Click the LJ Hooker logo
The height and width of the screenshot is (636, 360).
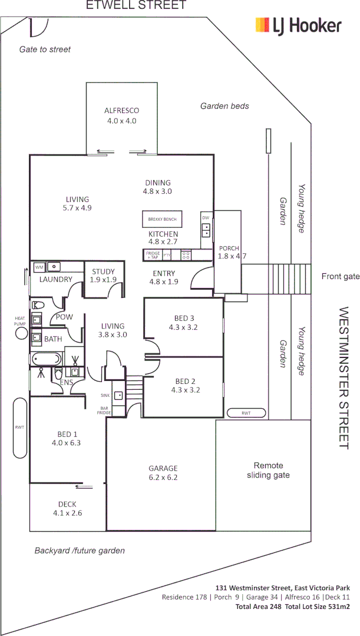point(298,25)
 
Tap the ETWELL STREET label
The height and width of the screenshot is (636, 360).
point(136,5)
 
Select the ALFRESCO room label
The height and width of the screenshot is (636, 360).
point(121,110)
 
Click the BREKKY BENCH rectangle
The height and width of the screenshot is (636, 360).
point(162,219)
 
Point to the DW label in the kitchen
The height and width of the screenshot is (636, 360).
point(206,218)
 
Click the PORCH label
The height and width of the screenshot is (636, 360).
point(229,248)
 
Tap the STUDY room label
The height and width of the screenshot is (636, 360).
point(104,271)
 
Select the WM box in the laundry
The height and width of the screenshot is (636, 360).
point(39,267)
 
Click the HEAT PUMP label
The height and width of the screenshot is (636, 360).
point(21,322)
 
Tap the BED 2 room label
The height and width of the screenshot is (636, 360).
point(185,381)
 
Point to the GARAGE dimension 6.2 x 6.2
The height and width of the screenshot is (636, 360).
point(163,478)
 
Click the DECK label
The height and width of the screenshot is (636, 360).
point(67,504)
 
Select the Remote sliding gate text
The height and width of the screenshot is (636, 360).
point(268,470)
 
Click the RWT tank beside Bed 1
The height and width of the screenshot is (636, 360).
point(19,428)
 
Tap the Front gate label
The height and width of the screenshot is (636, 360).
point(340,276)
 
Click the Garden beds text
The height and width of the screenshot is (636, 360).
point(224,107)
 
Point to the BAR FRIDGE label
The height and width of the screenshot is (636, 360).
point(104,411)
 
